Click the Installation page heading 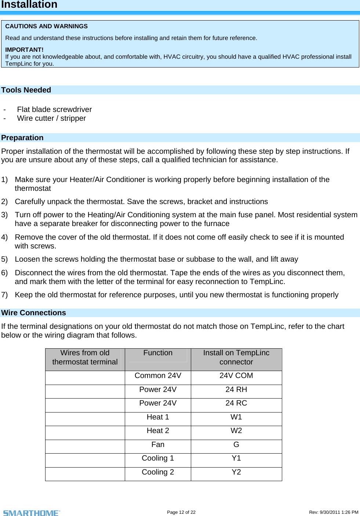click(29, 5)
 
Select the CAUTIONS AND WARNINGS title click(46, 26)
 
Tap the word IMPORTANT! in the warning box click(24, 50)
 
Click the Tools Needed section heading click(26, 90)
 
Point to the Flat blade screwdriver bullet click(54, 109)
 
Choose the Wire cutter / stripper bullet click(51, 118)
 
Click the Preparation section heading click(22, 138)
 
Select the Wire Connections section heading click(33, 313)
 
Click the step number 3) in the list click(4, 215)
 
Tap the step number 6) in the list click(4, 273)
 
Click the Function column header click(158, 353)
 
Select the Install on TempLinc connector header click(236, 357)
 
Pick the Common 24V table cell click(158, 376)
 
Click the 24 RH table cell click(236, 390)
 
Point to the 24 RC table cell click(236, 403)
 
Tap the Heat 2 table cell click(158, 431)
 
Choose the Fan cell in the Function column click(158, 445)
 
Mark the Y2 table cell click(236, 472)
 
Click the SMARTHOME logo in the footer click(32, 513)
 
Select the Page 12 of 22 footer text click(181, 512)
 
